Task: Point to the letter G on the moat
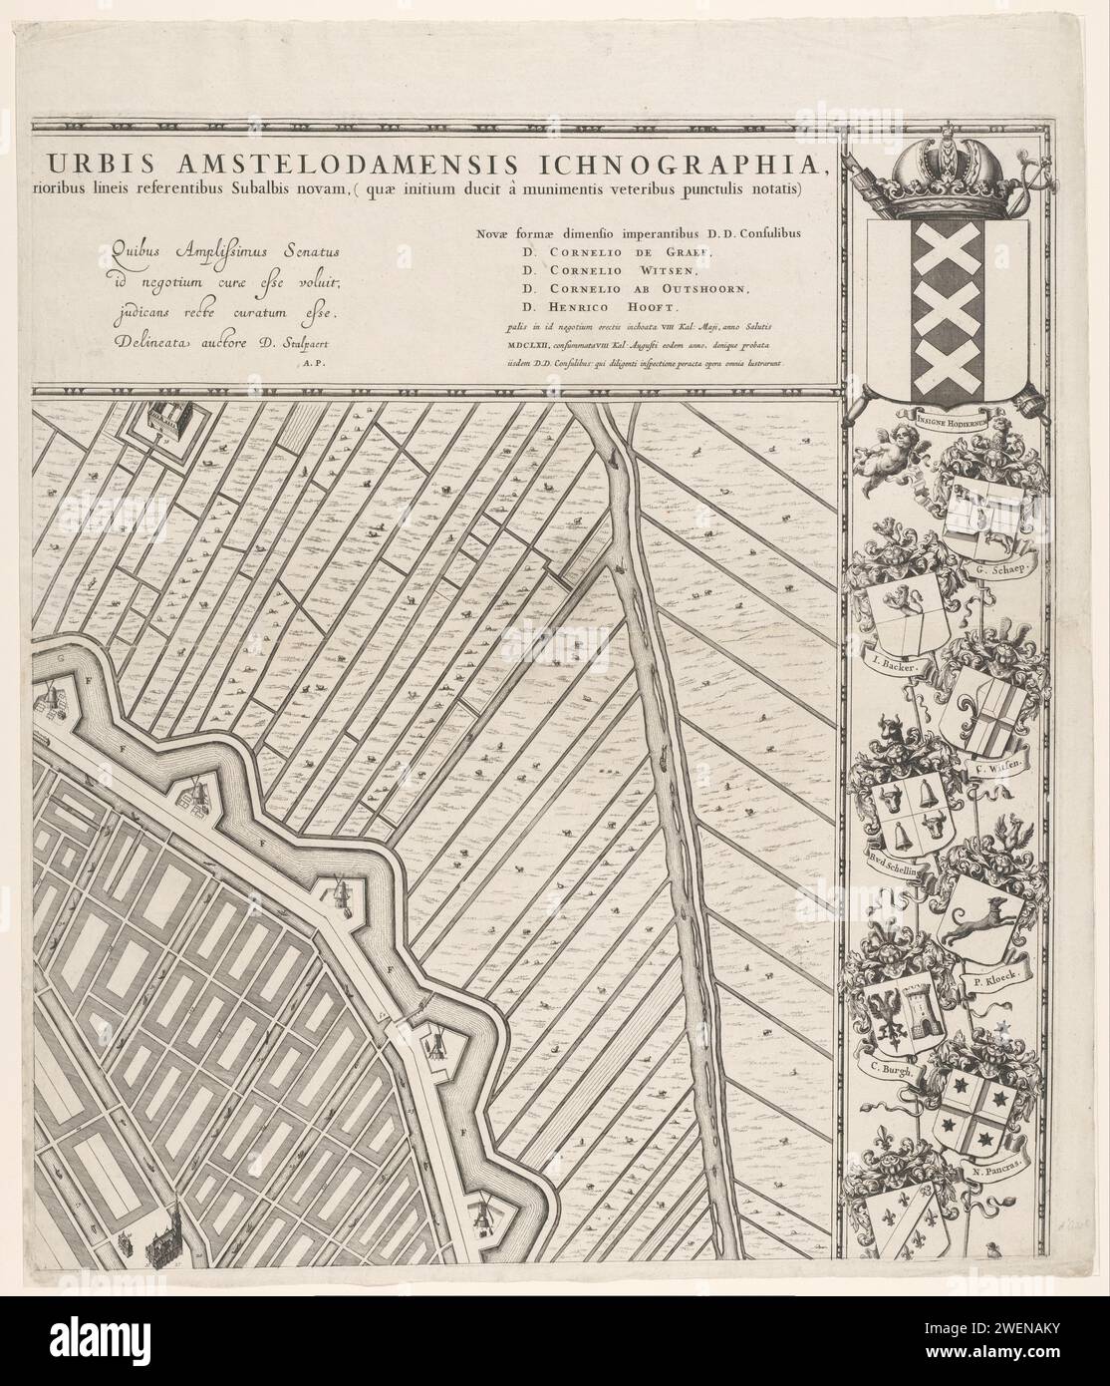62,659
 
